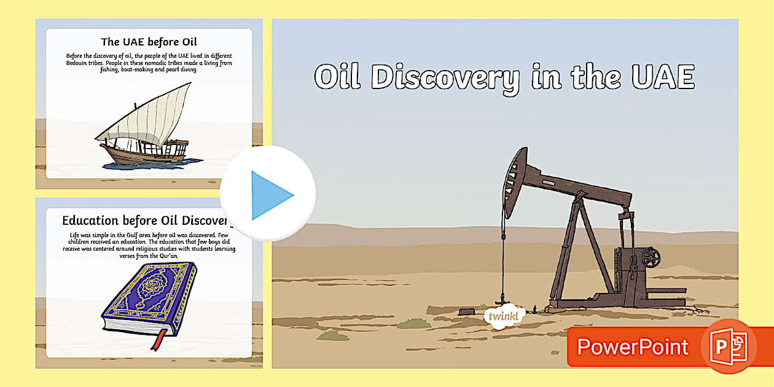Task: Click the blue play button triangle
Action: pyautogui.click(x=270, y=195)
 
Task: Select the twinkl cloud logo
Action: pyautogui.click(x=504, y=317)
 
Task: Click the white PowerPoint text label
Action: pyautogui.click(x=632, y=347)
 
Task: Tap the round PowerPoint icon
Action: pyautogui.click(x=729, y=347)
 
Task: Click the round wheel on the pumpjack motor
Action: pyautogui.click(x=651, y=256)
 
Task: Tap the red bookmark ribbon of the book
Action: pyautogui.click(x=162, y=338)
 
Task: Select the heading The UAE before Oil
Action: pyautogui.click(x=149, y=42)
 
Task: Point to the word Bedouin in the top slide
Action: pyautogui.click(x=79, y=63)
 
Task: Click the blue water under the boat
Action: pyautogui.click(x=154, y=164)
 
